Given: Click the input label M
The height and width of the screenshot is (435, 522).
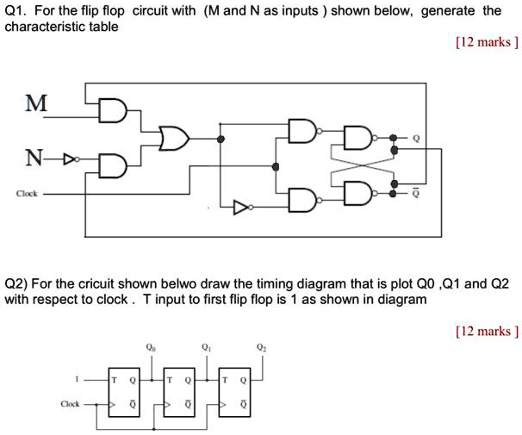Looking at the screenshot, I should click(35, 103).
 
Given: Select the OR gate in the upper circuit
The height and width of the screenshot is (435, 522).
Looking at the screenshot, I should click(176, 137).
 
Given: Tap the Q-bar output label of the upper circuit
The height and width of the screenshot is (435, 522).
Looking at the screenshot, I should click(416, 195).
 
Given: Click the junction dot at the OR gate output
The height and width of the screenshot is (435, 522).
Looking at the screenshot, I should click(221, 137).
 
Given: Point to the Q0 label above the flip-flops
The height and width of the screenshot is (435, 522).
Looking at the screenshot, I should click(151, 346).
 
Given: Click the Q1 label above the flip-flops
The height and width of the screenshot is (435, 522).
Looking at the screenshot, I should click(205, 346).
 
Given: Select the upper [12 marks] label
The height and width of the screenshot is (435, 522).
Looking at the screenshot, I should click(487, 40).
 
